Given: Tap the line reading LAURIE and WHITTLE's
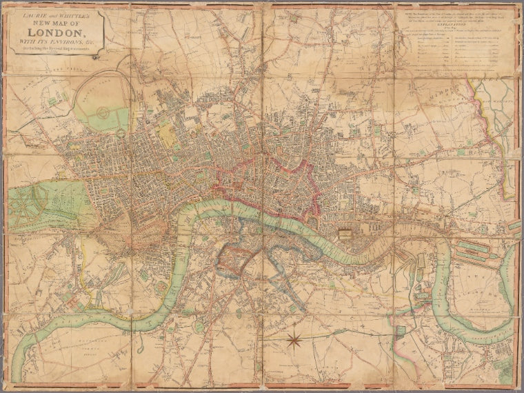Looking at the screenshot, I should pyautogui.click(x=57, y=14).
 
